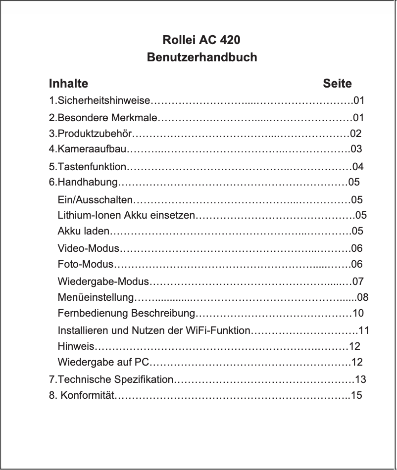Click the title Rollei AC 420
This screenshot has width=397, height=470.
tap(202, 39)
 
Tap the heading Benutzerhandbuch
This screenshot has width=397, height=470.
tap(202, 57)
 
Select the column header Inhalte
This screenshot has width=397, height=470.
tap(68, 83)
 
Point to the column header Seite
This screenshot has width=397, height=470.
tap(337, 83)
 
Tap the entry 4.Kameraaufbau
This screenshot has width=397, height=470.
tap(88, 148)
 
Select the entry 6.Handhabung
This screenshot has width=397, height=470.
tap(83, 182)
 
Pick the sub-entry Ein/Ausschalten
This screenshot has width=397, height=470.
tap(95, 200)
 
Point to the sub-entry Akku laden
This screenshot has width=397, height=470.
tap(83, 231)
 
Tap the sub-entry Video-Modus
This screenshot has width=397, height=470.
tap(89, 247)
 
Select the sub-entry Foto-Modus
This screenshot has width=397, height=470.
tap(86, 264)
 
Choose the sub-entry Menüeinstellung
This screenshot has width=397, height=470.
tap(96, 297)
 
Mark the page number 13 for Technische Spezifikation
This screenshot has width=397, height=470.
tap(361, 380)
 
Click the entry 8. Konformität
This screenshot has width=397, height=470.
tap(81, 395)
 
